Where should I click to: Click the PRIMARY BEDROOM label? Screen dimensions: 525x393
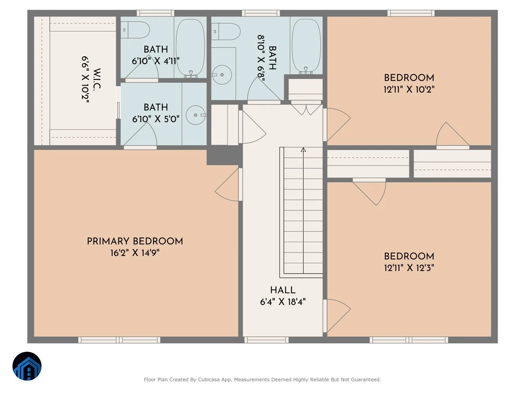click(x=135, y=241)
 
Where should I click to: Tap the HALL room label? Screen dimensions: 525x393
click(x=283, y=290)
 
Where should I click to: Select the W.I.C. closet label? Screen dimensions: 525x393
click(x=97, y=79)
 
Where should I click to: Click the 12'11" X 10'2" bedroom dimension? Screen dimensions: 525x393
click(x=409, y=90)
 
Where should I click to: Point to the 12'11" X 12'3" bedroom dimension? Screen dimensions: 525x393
click(x=409, y=268)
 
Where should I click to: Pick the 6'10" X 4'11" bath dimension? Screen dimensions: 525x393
click(x=156, y=61)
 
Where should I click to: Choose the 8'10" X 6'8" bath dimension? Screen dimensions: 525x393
click(x=262, y=59)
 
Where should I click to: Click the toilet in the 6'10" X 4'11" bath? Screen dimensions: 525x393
click(x=135, y=30)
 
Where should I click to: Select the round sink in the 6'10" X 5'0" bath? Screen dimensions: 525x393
click(x=196, y=115)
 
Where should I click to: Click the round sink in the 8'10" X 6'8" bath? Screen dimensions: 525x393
click(x=222, y=75)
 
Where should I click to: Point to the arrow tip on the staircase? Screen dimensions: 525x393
click(x=303, y=148)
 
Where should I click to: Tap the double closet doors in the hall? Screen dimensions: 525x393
click(x=306, y=109)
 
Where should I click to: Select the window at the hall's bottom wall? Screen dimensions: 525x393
click(x=266, y=340)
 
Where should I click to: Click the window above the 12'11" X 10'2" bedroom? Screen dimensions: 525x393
click(x=411, y=13)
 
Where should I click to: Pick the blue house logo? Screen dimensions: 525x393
click(x=27, y=366)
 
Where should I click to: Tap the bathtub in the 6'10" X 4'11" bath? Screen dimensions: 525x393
click(x=190, y=48)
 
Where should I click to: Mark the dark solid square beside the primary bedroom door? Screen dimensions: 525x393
click(x=224, y=155)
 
